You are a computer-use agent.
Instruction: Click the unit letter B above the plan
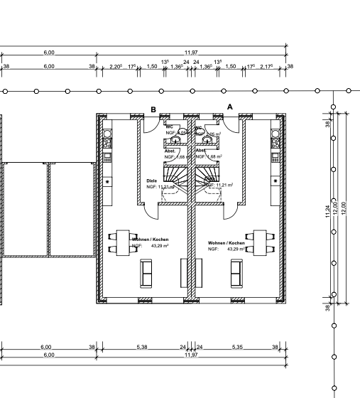point(153,109)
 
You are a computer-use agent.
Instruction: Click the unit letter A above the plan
point(229,106)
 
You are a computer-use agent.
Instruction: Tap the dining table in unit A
point(259,242)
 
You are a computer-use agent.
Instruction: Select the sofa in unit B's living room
point(148,273)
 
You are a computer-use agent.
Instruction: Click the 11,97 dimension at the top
point(191,53)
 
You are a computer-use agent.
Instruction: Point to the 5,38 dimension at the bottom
point(143,348)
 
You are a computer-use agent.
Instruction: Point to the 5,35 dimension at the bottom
point(236,348)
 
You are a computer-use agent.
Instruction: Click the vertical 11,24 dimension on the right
point(327,212)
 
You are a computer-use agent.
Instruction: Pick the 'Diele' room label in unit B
point(151,181)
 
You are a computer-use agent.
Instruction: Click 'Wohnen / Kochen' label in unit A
point(226,243)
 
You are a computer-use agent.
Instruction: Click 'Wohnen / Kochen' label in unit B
point(150,240)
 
